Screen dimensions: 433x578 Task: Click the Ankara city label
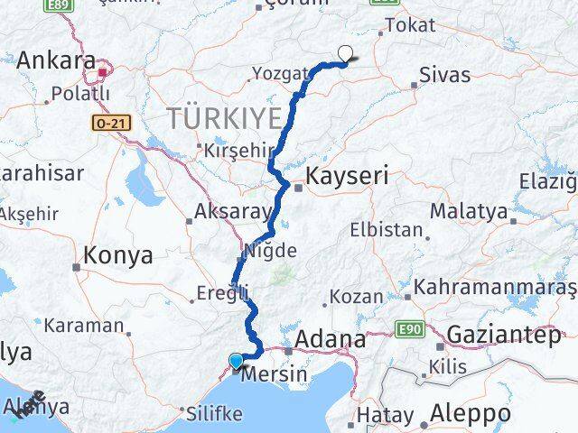pyautogui.click(x=56, y=60)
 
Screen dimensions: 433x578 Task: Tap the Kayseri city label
pyautogui.click(x=348, y=176)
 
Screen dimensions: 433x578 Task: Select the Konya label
pyautogui.click(x=117, y=256)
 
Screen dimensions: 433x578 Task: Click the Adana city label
pyautogui.click(x=334, y=341)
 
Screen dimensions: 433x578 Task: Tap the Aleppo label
pyautogui.click(x=471, y=414)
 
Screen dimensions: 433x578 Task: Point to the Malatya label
pyautogui.click(x=468, y=212)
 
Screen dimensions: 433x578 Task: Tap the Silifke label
pyautogui.click(x=213, y=414)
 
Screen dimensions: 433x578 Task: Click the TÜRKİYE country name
pyautogui.click(x=223, y=116)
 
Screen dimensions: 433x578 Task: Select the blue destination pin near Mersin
pyautogui.click(x=237, y=362)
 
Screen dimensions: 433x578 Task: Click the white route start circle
pyautogui.click(x=344, y=54)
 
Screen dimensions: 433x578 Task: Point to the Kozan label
pyautogui.click(x=357, y=296)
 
